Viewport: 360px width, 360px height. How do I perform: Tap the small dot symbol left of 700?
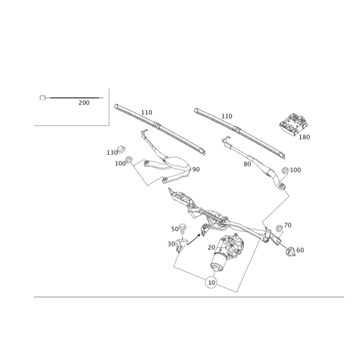[x=43, y=100]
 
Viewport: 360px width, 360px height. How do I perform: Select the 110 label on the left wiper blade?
[x=147, y=112]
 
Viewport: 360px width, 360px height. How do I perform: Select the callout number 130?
[x=112, y=153]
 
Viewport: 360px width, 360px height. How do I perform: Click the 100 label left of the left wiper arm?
[x=120, y=163]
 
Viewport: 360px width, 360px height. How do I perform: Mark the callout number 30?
[x=171, y=243]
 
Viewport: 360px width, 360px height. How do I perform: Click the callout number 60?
[x=300, y=250]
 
